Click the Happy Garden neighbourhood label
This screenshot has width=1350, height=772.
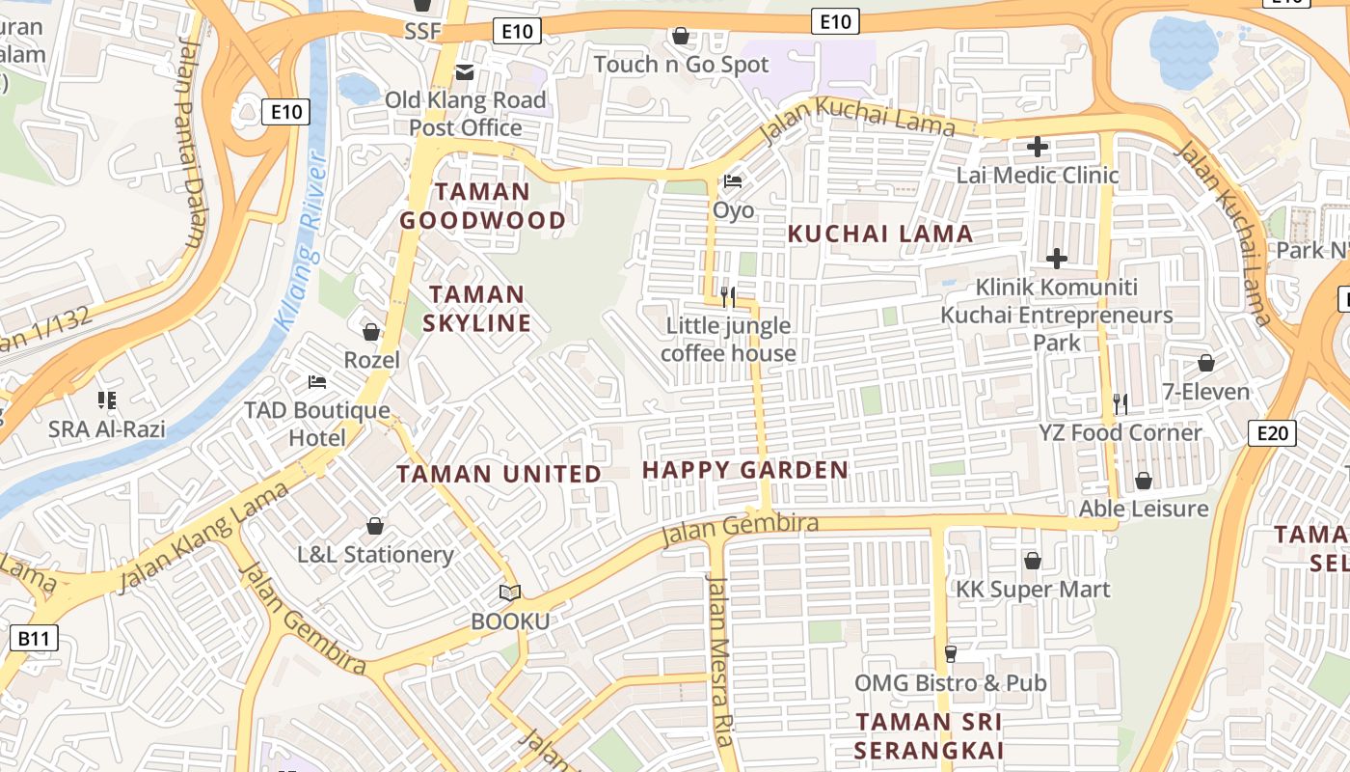pos(744,471)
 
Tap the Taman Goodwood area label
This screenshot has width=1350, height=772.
pos(482,207)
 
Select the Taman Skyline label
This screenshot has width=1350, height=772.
pos(477,309)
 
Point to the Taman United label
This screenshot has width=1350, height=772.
pos(499,475)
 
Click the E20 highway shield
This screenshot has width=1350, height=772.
pos(1272,433)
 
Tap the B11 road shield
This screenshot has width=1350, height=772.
pos(33,638)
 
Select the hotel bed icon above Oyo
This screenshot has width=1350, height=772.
pos(733,181)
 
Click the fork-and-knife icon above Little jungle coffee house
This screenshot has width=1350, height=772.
pos(728,296)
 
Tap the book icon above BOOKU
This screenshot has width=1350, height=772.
pos(509,593)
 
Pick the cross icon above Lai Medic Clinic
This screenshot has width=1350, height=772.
pos(1038,147)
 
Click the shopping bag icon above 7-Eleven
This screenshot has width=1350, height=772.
pos(1205,363)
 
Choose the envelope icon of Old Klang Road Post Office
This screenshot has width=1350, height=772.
pos(465,71)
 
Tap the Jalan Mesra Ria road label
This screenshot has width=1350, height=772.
pos(718,661)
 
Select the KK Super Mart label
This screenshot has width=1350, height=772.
pos(1032,590)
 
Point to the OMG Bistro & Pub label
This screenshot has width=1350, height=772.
pos(950,683)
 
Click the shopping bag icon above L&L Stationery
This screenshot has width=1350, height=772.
pos(375,526)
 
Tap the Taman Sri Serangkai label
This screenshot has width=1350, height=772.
pos(928,736)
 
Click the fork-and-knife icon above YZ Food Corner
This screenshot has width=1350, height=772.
pos(1120,403)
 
